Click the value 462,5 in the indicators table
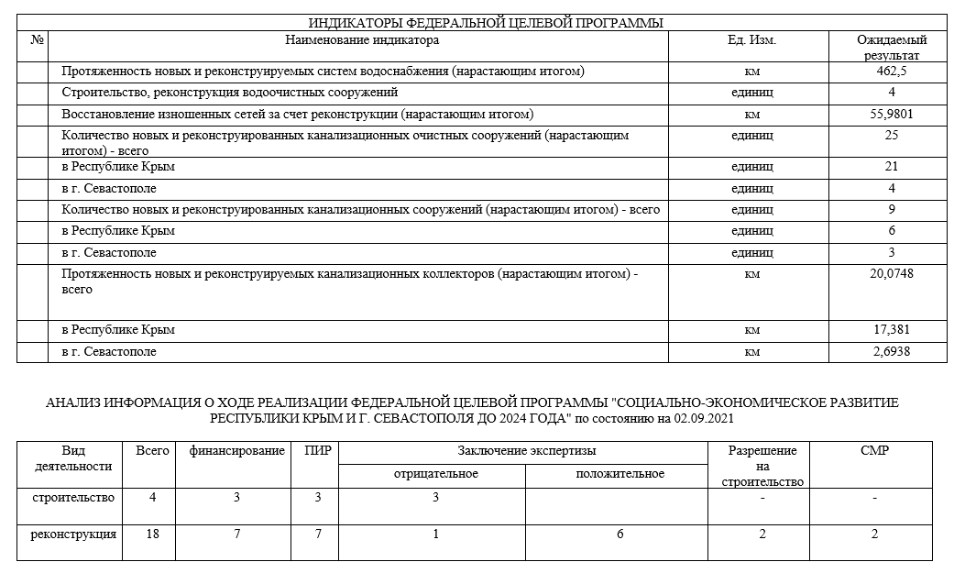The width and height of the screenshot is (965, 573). point(892,71)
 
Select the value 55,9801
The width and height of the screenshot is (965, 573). point(892,115)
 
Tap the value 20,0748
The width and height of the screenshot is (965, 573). point(892,273)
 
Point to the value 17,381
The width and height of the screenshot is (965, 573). point(892,330)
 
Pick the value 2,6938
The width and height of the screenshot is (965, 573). point(892,352)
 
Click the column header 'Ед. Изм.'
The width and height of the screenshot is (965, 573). point(751,40)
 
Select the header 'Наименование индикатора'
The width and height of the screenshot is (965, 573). point(362,40)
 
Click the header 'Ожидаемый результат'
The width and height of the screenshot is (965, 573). point(892,48)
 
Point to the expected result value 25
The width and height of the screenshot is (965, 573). point(892,136)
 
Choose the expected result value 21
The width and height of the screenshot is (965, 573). point(892,167)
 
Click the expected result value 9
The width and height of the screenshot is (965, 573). point(892,210)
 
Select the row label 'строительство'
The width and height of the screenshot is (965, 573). point(72,498)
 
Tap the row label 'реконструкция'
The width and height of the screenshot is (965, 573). point(72,534)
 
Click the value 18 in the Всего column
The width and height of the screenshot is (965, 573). point(153,534)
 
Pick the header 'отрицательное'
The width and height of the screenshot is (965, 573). point(436,474)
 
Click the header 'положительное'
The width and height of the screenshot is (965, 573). point(620,474)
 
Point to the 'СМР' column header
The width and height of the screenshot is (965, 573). point(875,451)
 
